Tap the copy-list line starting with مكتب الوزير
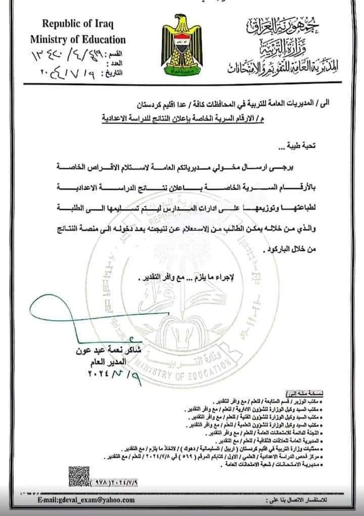point(248,400)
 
